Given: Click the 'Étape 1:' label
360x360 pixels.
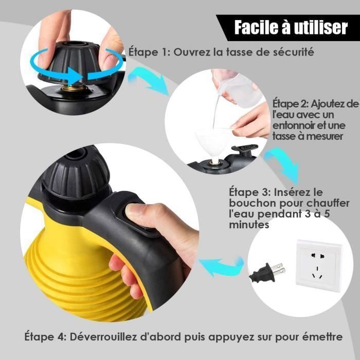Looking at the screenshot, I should (150, 52).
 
